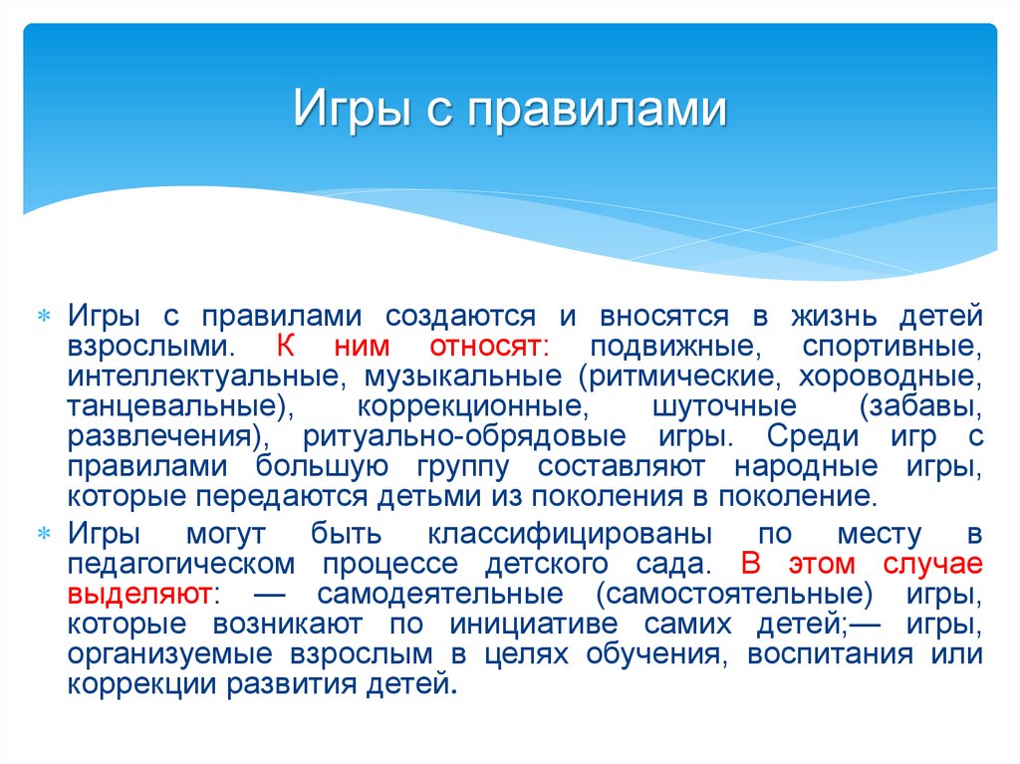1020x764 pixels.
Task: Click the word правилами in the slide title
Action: [597, 108]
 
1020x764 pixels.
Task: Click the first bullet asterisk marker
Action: [44, 317]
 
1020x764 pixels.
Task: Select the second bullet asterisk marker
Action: [44, 534]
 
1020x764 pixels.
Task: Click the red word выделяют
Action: [139, 594]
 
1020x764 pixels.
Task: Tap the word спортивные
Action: [892, 347]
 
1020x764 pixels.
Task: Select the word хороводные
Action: [891, 377]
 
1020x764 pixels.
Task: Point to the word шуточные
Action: [725, 406]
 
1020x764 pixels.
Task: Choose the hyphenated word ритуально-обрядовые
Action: [464, 436]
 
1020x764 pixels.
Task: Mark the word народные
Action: [806, 466]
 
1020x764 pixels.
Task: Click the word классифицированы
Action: [570, 534]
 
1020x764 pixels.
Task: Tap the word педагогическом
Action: [181, 564]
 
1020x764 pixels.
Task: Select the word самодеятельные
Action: [440, 594]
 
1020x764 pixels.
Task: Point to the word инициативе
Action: [534, 625]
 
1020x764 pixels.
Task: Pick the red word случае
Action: [932, 564]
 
